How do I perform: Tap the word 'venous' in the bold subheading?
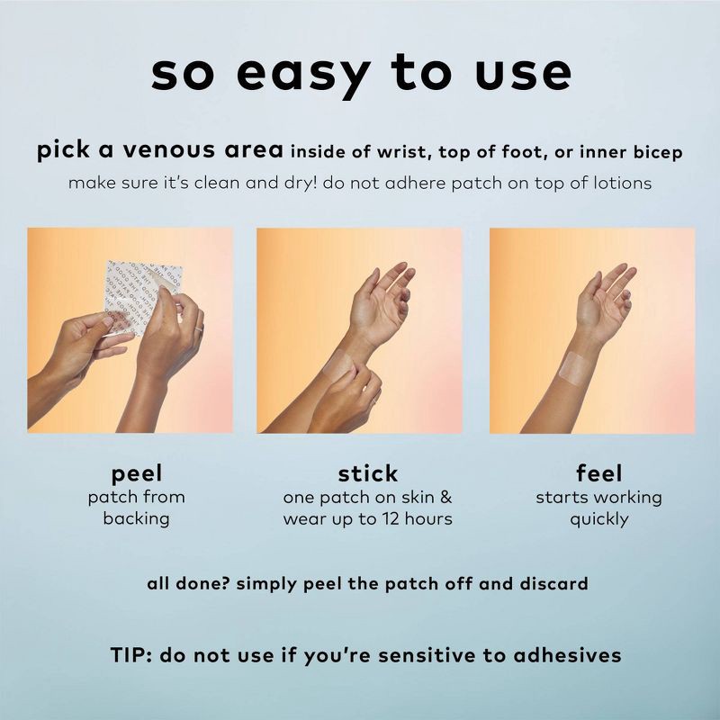point(169,150)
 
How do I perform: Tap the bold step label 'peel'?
point(137,474)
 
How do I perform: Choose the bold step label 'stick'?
point(368,473)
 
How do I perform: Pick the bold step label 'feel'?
point(599,473)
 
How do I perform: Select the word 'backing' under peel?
point(137,519)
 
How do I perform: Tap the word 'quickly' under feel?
point(599,520)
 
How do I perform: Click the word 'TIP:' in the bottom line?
point(130,655)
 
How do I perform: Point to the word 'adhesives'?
point(568,655)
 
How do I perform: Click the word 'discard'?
point(553,583)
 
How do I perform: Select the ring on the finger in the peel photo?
point(198,328)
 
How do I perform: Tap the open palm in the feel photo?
point(597,308)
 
